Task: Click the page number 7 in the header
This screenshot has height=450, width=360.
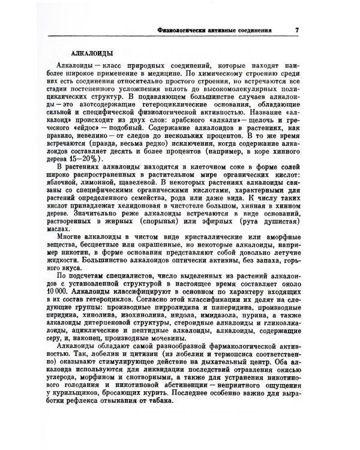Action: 297,29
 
